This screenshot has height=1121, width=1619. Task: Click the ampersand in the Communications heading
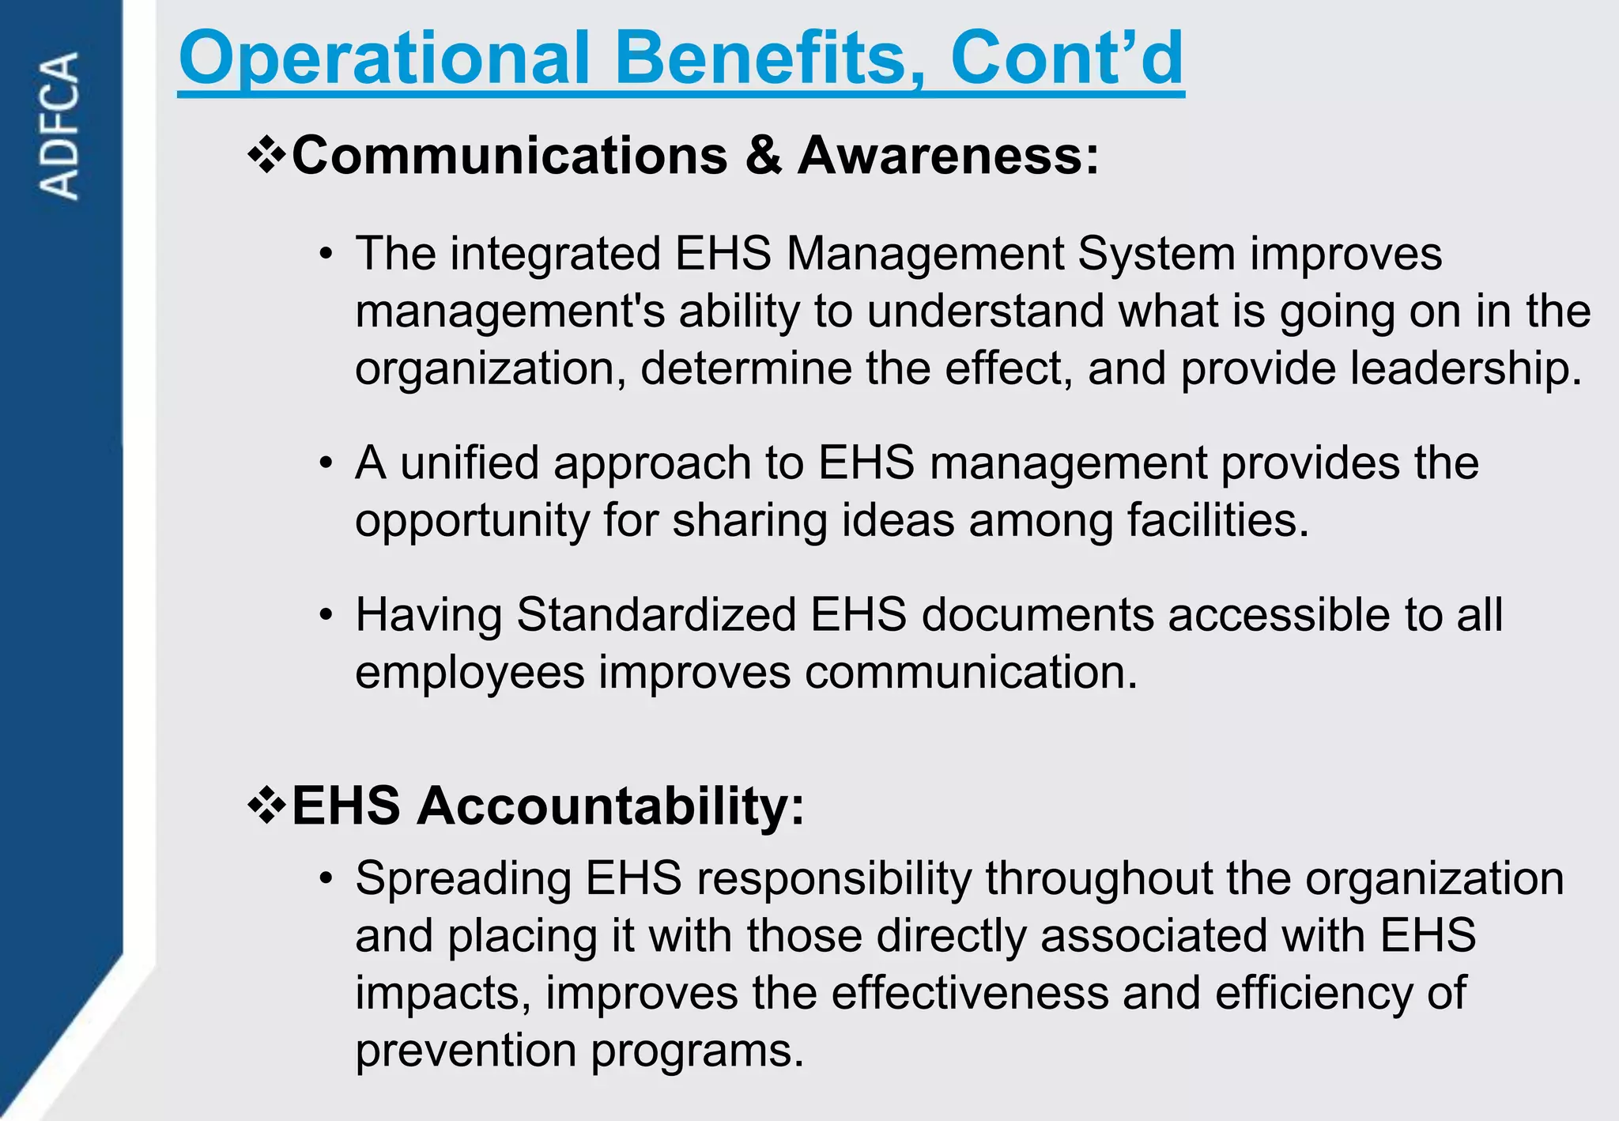(763, 155)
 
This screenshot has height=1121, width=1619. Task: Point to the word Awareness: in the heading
(948, 155)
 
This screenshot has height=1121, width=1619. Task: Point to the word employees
(470, 673)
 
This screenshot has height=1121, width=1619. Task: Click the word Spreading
(463, 878)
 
